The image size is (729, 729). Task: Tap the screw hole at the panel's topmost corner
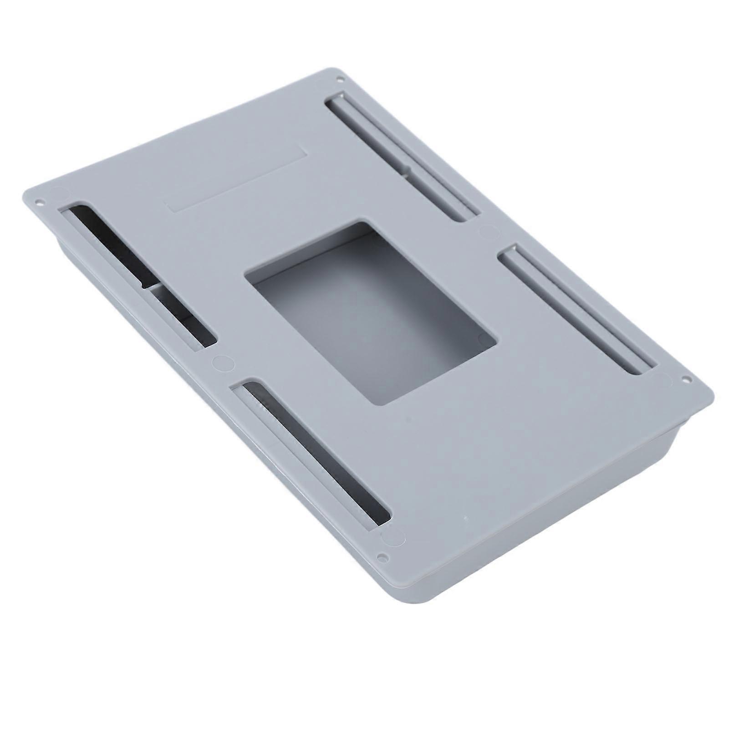[x=339, y=80]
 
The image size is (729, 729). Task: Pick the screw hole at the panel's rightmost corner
[x=684, y=379]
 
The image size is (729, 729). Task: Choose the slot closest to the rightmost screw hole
[x=576, y=310]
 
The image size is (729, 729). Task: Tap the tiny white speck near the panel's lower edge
[x=465, y=519]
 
